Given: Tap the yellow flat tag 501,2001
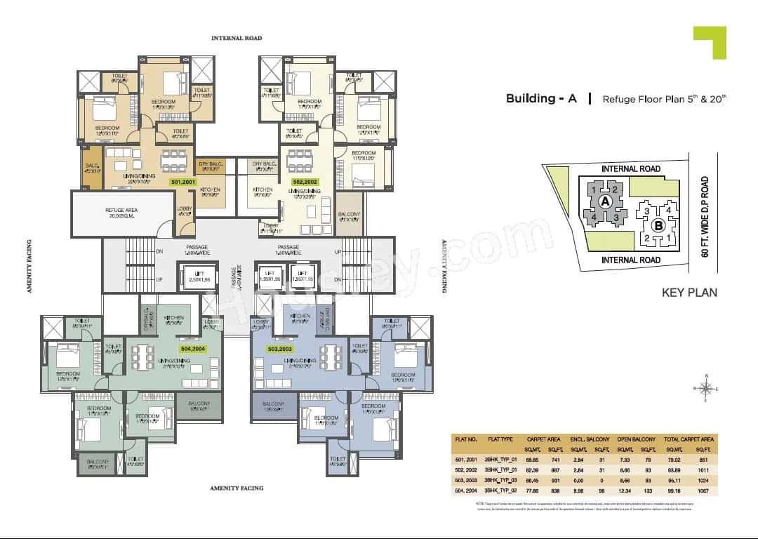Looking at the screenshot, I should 184,182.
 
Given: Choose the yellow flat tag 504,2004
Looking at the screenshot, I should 194,348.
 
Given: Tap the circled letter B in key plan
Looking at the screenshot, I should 658,225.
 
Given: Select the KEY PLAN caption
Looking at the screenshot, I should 689,292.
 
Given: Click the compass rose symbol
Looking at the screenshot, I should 706,388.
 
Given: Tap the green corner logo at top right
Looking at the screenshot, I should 710,41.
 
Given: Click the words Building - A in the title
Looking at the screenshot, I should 541,98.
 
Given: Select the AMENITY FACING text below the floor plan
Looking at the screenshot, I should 237,487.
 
